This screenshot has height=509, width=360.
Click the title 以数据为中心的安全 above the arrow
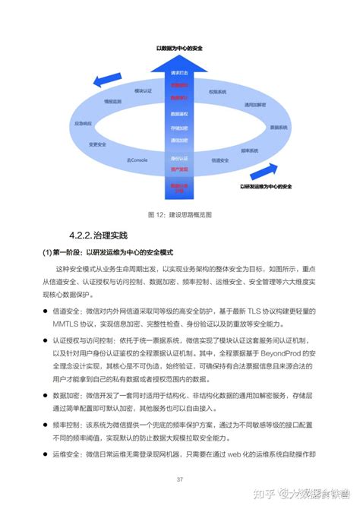pos(179,47)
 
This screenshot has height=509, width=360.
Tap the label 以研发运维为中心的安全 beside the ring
pos(267,185)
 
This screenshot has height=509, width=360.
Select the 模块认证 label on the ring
pos(143,91)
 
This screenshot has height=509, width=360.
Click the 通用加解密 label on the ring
pos(255,104)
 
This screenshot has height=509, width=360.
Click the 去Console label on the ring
pos(136,160)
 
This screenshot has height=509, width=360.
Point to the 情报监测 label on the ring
pos(112,100)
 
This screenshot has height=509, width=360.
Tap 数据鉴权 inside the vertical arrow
pos(179,113)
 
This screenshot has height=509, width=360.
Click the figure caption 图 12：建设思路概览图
pos(179,213)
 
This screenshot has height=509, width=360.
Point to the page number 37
pos(180,479)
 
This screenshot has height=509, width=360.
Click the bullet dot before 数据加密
pos(46,396)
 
